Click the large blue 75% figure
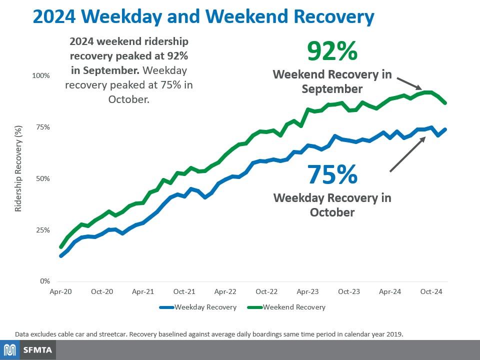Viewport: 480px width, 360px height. point(332,174)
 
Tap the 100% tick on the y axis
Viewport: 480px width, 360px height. point(41,75)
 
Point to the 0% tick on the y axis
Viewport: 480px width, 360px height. point(45,281)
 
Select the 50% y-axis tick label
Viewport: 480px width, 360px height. point(42,178)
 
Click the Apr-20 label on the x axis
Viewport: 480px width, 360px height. point(61,291)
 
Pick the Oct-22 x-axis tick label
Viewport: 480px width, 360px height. point(266,291)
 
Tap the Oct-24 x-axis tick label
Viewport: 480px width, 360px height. point(430,291)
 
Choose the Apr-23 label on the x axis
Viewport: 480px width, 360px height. point(307,291)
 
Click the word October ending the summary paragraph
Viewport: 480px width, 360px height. point(128,99)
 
